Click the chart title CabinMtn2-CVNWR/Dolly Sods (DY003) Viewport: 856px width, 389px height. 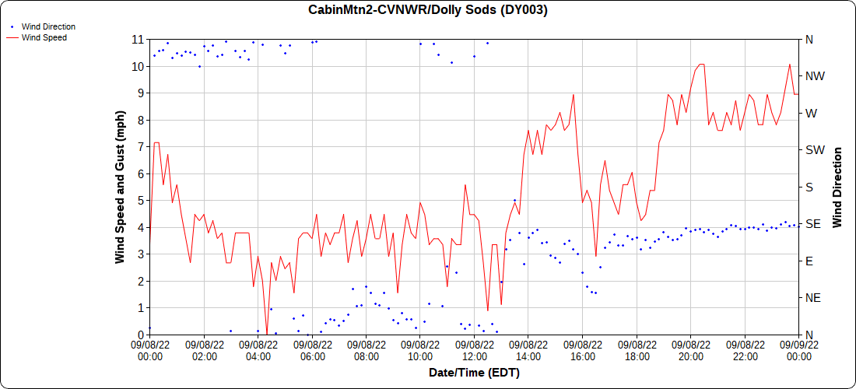428,10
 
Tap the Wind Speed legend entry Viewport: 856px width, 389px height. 44,37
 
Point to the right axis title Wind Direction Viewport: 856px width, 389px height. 837,187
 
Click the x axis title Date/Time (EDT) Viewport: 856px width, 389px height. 474,373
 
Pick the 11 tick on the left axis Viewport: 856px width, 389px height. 137,39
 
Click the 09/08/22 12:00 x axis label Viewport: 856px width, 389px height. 475,351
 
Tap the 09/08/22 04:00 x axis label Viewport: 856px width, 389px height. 258,351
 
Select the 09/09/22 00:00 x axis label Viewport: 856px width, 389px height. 798,351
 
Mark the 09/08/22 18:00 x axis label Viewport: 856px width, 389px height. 637,351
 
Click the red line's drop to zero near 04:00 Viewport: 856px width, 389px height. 267,334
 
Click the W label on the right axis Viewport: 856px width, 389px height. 811,113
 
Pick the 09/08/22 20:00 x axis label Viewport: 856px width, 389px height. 691,351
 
